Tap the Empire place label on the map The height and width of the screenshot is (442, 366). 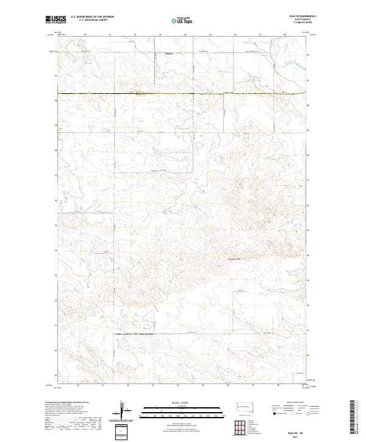coord(170,53)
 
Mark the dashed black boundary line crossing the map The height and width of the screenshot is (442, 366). coord(183,93)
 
